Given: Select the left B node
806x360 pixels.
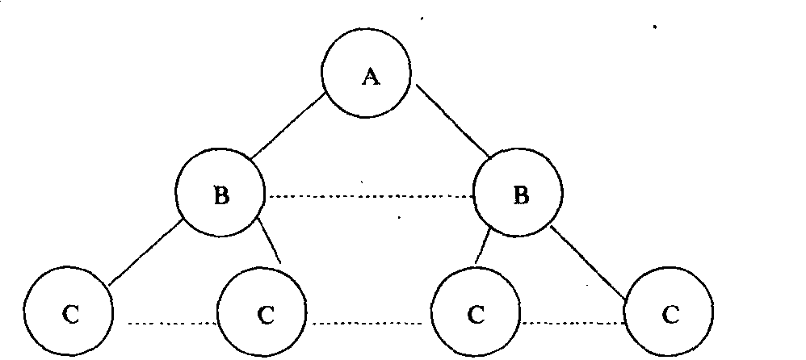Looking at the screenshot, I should [x=220, y=195].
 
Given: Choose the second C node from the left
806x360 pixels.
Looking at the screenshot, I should [x=262, y=312].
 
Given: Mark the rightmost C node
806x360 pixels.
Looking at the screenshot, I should [x=669, y=312].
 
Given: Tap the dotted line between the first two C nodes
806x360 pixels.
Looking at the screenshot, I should [x=174, y=324].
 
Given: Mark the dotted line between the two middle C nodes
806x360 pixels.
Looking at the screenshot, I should [x=369, y=324].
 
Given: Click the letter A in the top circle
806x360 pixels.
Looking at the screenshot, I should [x=370, y=77].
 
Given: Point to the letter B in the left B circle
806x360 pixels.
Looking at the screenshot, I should [x=220, y=196].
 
